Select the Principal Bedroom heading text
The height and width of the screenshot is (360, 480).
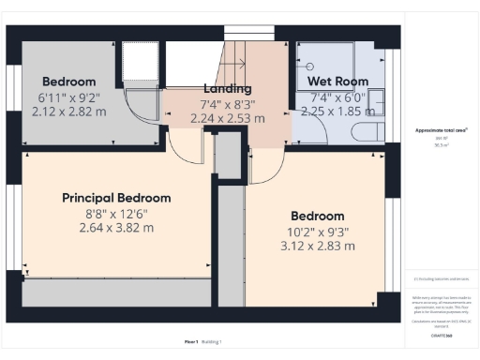click(116, 198)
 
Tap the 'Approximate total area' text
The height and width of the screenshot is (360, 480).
click(441, 130)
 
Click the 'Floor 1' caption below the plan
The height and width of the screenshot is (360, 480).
click(194, 342)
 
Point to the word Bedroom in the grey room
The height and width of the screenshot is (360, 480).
click(67, 82)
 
